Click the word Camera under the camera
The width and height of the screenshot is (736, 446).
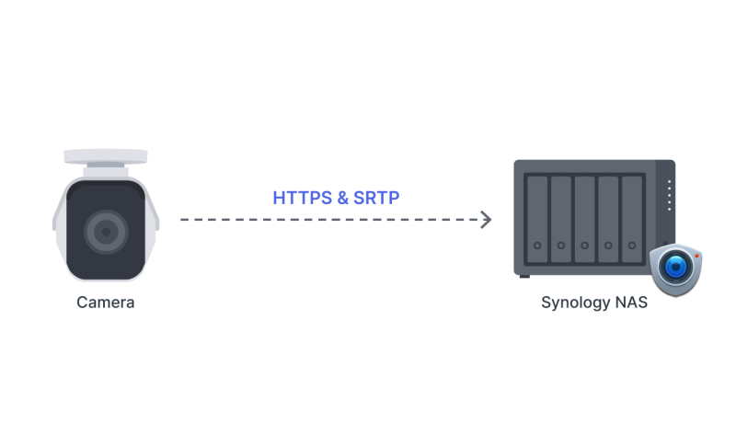click(x=106, y=303)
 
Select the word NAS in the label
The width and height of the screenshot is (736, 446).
click(x=631, y=303)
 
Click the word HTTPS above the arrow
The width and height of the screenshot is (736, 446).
click(x=303, y=198)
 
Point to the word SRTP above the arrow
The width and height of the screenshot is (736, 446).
click(x=376, y=198)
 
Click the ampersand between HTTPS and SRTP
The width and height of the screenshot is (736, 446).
click(x=342, y=198)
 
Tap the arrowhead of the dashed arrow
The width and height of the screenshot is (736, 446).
click(x=487, y=220)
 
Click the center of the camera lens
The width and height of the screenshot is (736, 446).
click(x=106, y=232)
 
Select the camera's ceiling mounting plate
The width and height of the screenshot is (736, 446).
click(x=106, y=156)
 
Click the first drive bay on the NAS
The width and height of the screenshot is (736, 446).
click(x=537, y=219)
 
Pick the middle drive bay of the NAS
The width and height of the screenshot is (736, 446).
click(x=585, y=219)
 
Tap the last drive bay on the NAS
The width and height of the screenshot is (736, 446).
click(x=632, y=219)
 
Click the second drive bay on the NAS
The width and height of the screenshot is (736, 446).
click(x=561, y=219)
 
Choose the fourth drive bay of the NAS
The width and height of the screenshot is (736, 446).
click(x=608, y=219)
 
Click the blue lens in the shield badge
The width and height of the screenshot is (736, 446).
click(x=676, y=267)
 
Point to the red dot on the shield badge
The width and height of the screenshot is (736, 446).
click(x=697, y=256)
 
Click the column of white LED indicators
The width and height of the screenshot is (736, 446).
click(x=670, y=195)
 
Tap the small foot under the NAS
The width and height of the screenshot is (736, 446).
click(x=524, y=277)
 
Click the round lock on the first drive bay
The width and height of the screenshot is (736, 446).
click(x=537, y=246)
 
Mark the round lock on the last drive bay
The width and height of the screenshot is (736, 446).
click(x=632, y=246)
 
